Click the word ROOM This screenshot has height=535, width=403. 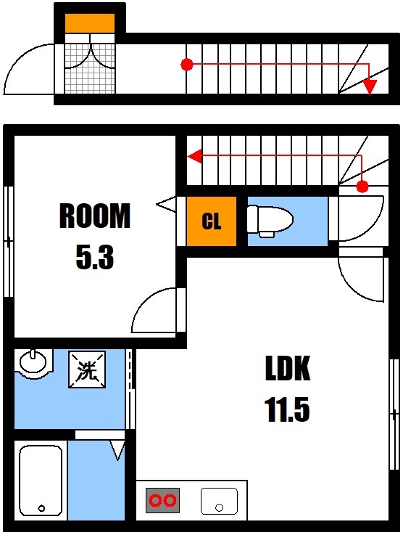point(94,216)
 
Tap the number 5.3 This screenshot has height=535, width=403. point(95,257)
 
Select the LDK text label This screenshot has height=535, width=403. point(287,369)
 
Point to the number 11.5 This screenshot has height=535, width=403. point(287,410)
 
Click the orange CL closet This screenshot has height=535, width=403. point(211,221)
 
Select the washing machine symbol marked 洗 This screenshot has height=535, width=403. point(87,371)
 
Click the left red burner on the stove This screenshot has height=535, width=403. point(155,500)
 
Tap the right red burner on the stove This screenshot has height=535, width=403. point(170,500)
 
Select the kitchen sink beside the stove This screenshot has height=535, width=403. point(219,500)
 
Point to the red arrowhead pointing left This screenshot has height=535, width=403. point(194,155)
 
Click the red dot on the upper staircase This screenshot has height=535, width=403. point(186,65)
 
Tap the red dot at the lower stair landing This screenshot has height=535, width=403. point(362,187)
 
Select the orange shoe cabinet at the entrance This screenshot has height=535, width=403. point(90,23)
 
